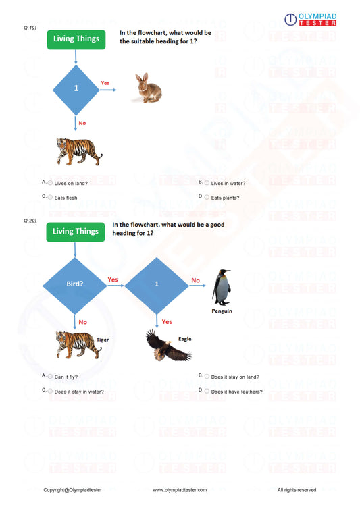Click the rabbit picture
click(x=148, y=88)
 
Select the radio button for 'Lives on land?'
click(x=50, y=182)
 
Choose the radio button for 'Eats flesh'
click(x=50, y=197)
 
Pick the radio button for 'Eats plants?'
click(x=207, y=197)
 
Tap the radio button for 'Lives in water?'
click(x=207, y=182)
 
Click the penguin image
click(x=222, y=288)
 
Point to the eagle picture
click(x=167, y=346)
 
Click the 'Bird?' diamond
click(x=75, y=285)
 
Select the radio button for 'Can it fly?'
click(x=50, y=376)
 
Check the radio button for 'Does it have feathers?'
click(x=207, y=391)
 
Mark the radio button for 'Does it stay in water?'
click(x=50, y=391)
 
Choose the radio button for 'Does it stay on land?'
click(x=207, y=376)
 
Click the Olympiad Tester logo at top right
click(x=310, y=19)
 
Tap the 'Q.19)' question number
click(x=29, y=28)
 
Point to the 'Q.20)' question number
click(x=29, y=221)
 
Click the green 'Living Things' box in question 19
click(x=76, y=39)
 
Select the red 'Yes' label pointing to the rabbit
click(x=105, y=83)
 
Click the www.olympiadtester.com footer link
click(x=180, y=489)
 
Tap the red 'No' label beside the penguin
click(x=195, y=279)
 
